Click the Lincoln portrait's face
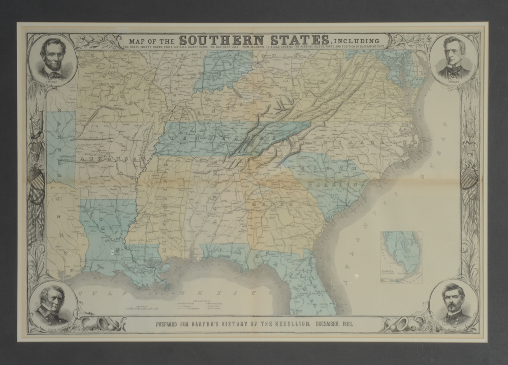click(x=52, y=53)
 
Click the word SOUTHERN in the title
click(x=221, y=40)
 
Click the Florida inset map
click(x=401, y=257)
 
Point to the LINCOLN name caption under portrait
click(x=53, y=82)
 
